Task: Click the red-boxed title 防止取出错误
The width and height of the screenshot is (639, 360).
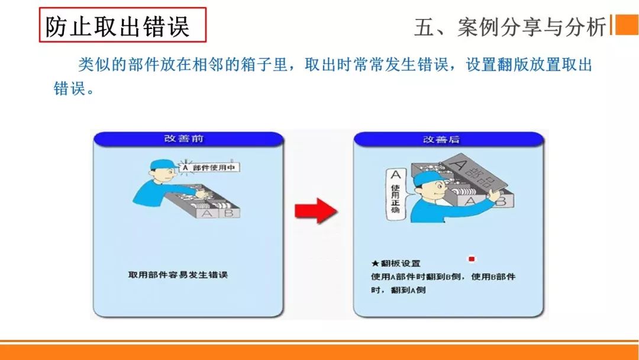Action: click(122, 25)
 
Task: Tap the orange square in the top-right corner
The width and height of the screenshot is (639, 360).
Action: click(627, 25)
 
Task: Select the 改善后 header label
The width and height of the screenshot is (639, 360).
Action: click(441, 140)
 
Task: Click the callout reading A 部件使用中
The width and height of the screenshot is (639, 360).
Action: click(209, 168)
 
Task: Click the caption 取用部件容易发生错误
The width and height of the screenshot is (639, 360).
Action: click(177, 275)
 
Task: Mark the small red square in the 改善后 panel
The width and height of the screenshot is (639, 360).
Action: click(472, 259)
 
